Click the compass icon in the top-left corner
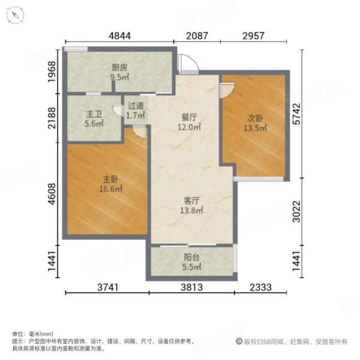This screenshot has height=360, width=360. (13, 13)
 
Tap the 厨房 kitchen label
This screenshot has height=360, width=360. (119, 68)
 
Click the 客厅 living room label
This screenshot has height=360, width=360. (191, 201)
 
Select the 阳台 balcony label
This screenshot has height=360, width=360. (191, 258)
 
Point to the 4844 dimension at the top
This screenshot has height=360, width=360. (120, 35)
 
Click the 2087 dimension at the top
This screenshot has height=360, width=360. (197, 35)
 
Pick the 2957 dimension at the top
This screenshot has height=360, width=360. (254, 35)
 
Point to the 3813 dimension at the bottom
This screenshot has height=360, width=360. (191, 287)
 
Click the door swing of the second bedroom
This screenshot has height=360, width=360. (227, 91)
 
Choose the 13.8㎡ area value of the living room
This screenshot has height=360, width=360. (191, 211)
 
